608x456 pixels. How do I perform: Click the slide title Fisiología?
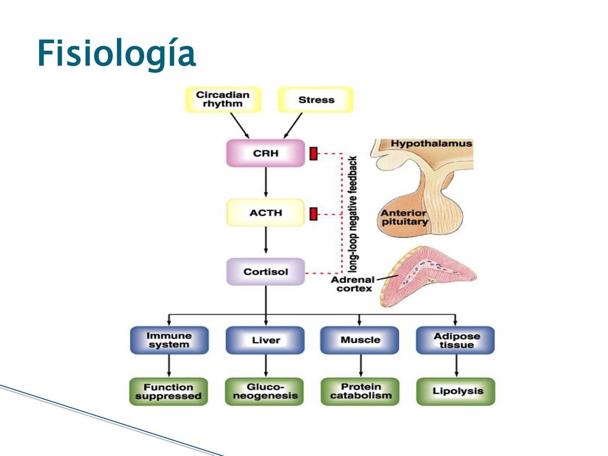click(116, 54)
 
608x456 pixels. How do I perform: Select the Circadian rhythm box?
click(223, 100)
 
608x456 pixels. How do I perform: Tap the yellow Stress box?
click(316, 100)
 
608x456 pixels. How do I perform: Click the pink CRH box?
click(265, 153)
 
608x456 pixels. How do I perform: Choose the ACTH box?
click(265, 213)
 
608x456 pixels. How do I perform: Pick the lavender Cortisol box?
click(265, 272)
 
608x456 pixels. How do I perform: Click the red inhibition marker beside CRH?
click(313, 154)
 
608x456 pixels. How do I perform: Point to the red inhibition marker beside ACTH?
click(313, 214)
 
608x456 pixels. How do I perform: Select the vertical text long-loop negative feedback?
click(353, 214)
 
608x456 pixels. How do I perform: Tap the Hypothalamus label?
click(431, 144)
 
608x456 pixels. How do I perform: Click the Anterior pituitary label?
click(404, 217)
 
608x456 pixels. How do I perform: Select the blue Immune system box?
click(169, 340)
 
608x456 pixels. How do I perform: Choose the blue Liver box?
click(265, 340)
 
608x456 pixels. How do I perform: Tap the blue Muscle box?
click(360, 340)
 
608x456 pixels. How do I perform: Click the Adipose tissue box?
click(455, 340)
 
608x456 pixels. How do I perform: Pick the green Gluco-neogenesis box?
click(265, 392)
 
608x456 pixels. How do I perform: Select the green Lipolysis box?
click(456, 392)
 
